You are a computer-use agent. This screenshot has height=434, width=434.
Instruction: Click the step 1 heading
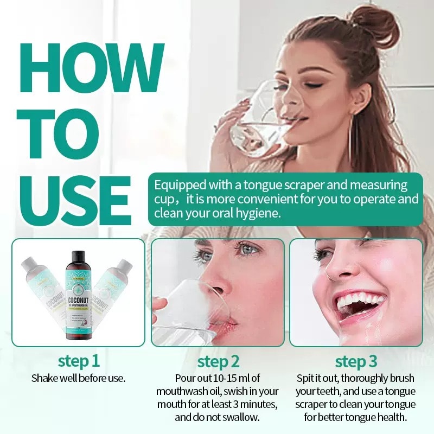point(79,361)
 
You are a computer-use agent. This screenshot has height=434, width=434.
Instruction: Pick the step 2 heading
point(218,361)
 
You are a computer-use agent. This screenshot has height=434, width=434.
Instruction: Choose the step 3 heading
point(356,361)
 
